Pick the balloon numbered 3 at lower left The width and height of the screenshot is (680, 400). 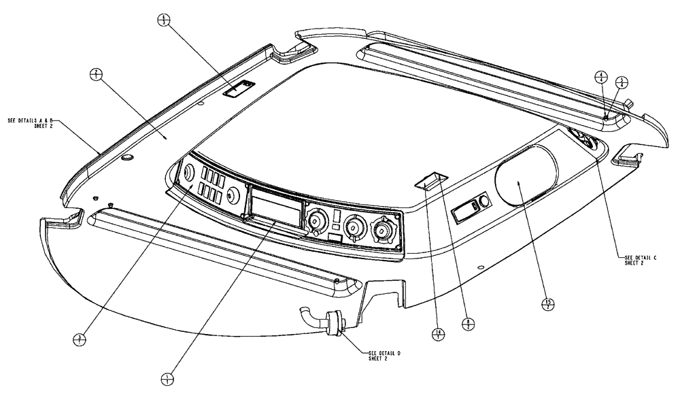click(x=81, y=337)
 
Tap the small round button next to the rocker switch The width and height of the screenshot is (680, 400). click(x=483, y=202)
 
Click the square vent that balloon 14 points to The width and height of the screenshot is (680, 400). click(x=430, y=180)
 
